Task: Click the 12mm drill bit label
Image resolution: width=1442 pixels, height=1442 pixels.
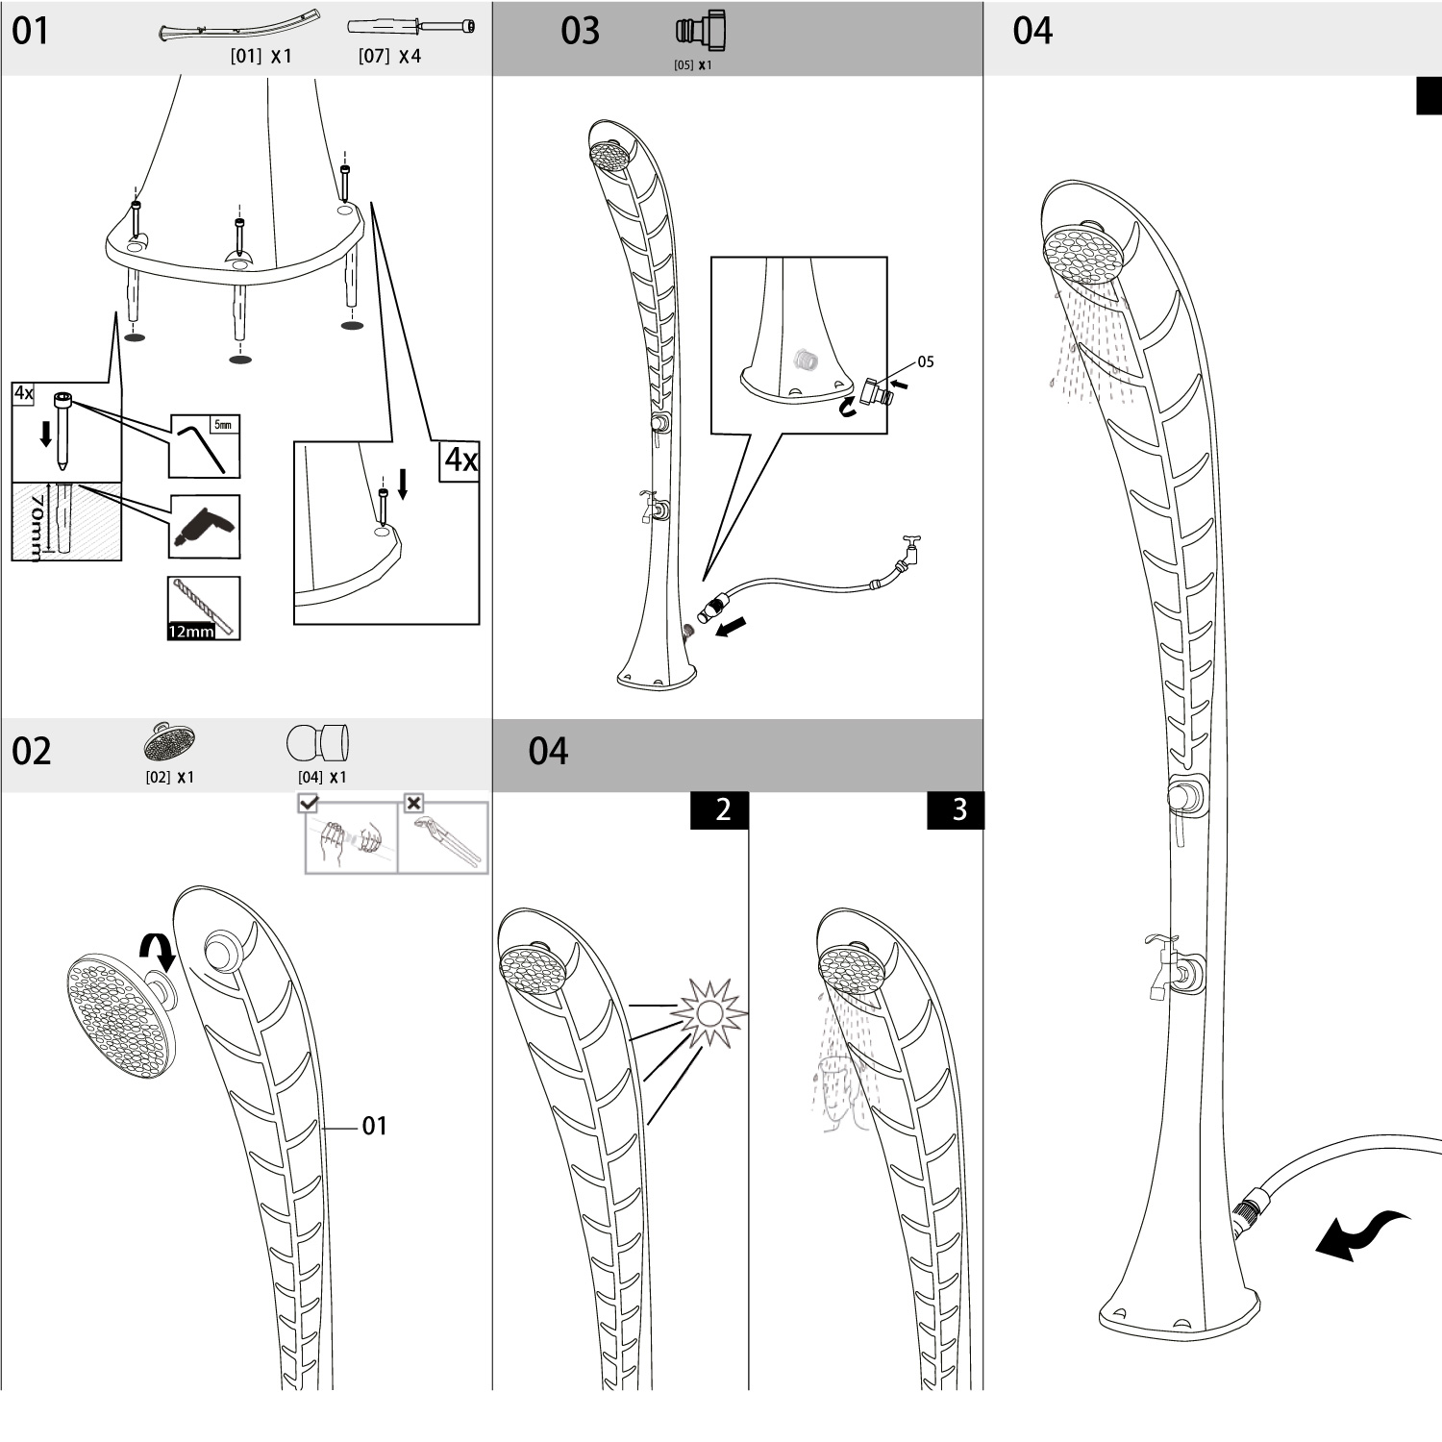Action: (x=190, y=632)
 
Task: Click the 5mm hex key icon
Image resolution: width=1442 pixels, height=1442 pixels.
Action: (x=205, y=445)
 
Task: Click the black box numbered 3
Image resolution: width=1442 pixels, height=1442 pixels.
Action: (x=957, y=810)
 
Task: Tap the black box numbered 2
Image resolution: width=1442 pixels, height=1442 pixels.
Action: (x=721, y=810)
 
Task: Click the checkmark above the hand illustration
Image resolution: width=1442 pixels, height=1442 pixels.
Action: (x=309, y=803)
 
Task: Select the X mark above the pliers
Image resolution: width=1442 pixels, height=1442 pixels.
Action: (x=413, y=803)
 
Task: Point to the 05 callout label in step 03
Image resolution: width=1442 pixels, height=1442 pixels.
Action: (x=926, y=362)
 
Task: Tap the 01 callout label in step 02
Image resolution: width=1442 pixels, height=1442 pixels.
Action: (x=375, y=1126)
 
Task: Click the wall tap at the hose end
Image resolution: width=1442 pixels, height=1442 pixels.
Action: (x=908, y=551)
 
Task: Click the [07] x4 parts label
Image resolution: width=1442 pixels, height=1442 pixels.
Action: (x=389, y=57)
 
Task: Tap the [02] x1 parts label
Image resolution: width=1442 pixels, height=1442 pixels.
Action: (x=169, y=777)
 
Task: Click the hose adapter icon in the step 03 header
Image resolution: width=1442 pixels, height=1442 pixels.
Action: (x=701, y=32)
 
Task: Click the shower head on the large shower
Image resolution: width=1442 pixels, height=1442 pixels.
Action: (x=1084, y=249)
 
